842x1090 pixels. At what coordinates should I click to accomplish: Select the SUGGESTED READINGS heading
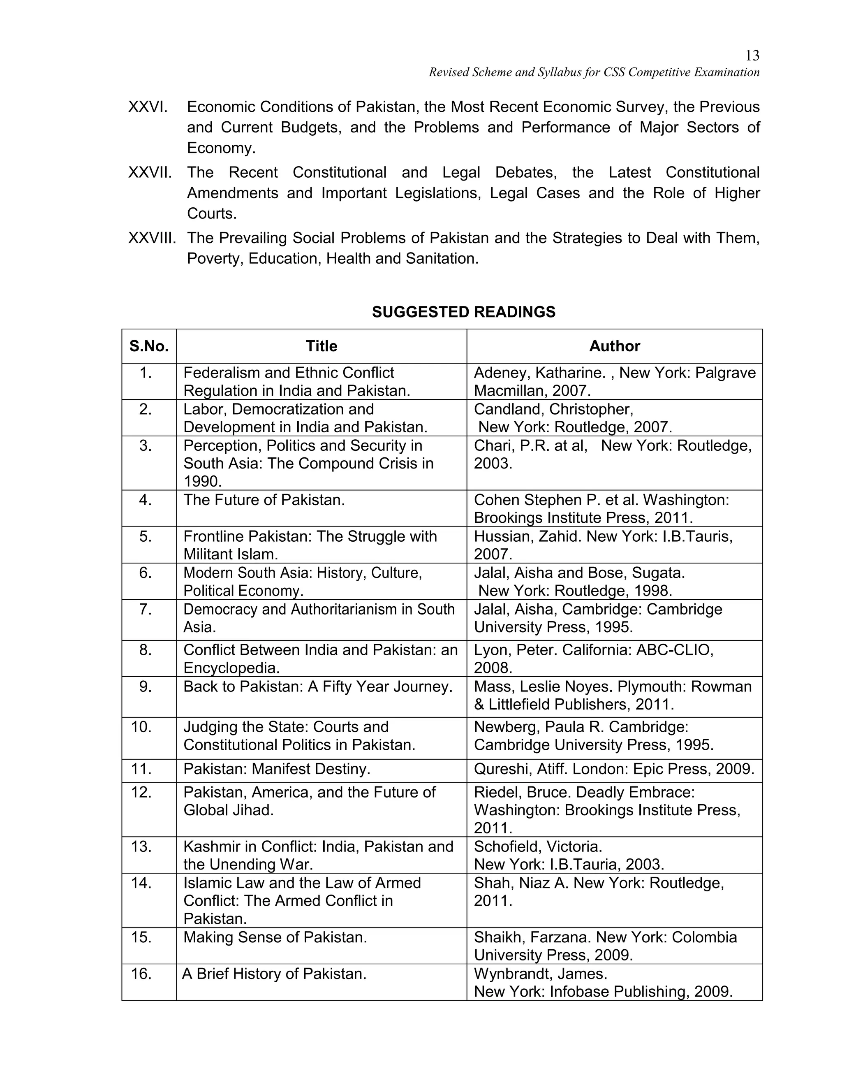pos(463,312)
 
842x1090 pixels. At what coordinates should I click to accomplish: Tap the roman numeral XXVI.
pos(148,107)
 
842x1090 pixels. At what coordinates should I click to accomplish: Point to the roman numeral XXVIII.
pos(152,238)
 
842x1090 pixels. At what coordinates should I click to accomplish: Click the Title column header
pos(321,346)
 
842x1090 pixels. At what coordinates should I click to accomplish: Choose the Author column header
pos(614,346)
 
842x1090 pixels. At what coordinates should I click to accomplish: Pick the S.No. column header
pos(149,346)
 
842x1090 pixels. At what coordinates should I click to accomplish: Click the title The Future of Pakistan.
pos(264,500)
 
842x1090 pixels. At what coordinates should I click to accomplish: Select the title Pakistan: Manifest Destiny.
pos(277,769)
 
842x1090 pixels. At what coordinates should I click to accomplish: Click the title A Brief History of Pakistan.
pos(274,973)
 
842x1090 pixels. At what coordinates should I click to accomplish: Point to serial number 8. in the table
pos(145,650)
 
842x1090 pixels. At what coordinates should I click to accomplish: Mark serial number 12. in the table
pos(141,792)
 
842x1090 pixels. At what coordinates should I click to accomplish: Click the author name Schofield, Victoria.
pos(538,846)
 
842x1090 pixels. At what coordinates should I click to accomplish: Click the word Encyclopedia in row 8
pos(231,668)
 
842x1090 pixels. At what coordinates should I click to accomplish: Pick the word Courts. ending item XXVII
pos(211,213)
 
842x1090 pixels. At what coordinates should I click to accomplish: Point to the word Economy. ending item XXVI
pos(221,148)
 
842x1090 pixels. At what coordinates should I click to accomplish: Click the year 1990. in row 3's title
pos(203,482)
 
